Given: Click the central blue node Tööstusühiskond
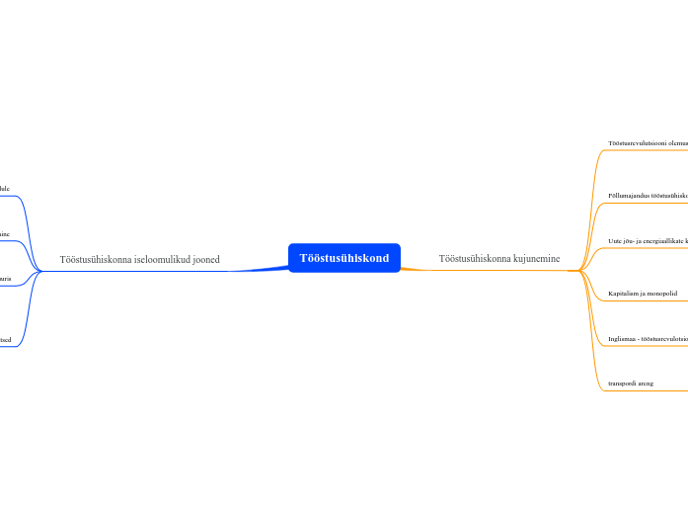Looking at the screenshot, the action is pos(344,258).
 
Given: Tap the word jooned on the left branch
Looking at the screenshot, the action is pos(206,260).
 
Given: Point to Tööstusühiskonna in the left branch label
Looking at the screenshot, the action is pos(96,260).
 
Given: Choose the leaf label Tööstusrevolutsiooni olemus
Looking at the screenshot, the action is pos(648,143).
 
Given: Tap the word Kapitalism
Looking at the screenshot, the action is pos(626,294).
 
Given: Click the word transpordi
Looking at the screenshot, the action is pos(624,384).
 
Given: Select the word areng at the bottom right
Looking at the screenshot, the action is pos(647,384).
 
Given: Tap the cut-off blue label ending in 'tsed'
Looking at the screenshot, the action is pos(5,339).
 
